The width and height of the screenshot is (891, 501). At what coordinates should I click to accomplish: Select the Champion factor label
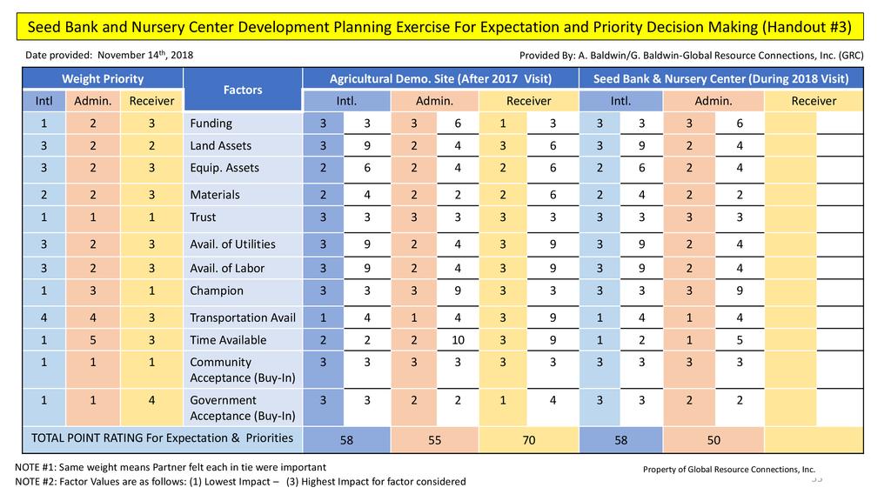pyautogui.click(x=217, y=291)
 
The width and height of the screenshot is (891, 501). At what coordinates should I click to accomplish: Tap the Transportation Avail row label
pyautogui.click(x=243, y=317)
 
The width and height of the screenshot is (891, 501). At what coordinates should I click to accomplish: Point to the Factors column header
pyautogui.click(x=243, y=90)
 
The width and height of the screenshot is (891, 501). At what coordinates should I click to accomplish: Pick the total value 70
pyautogui.click(x=528, y=440)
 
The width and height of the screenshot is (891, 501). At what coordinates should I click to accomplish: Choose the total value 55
pyautogui.click(x=435, y=440)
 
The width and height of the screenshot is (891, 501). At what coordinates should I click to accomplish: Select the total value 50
pyautogui.click(x=713, y=440)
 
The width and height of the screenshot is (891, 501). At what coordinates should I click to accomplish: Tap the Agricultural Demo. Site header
pyautogui.click(x=440, y=79)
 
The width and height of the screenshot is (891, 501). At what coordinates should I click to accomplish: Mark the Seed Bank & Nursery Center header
pyautogui.click(x=721, y=79)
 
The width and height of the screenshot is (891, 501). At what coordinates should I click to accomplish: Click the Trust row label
pyautogui.click(x=203, y=217)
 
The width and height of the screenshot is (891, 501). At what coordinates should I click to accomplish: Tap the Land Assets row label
pyautogui.click(x=220, y=145)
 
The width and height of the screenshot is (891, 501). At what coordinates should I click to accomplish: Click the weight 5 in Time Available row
pyautogui.click(x=92, y=340)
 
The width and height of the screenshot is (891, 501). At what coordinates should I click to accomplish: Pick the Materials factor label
pyautogui.click(x=214, y=195)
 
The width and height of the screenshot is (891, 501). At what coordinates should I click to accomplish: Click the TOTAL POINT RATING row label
pyautogui.click(x=162, y=438)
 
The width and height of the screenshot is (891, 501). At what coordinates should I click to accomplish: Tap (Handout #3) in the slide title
pyautogui.click(x=804, y=27)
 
